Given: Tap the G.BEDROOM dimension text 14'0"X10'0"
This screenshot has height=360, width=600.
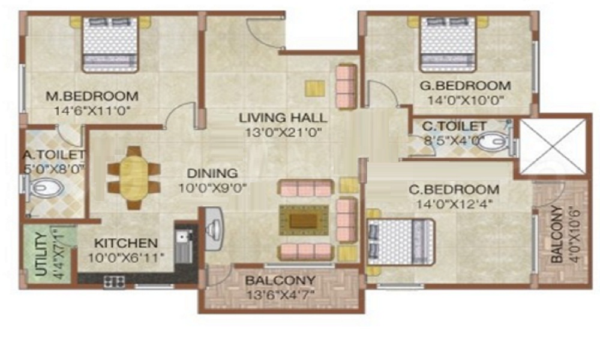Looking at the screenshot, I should pyautogui.click(x=465, y=100).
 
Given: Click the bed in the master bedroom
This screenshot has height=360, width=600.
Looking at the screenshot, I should pyautogui.click(x=109, y=43).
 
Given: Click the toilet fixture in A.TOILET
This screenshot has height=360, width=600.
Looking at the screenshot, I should pyautogui.click(x=45, y=190).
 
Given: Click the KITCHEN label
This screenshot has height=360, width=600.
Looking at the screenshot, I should pyautogui.click(x=126, y=244).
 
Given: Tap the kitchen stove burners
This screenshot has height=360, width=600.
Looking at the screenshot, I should pyautogui.click(x=114, y=280).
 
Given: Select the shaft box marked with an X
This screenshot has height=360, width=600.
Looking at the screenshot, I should pyautogui.click(x=551, y=146).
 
